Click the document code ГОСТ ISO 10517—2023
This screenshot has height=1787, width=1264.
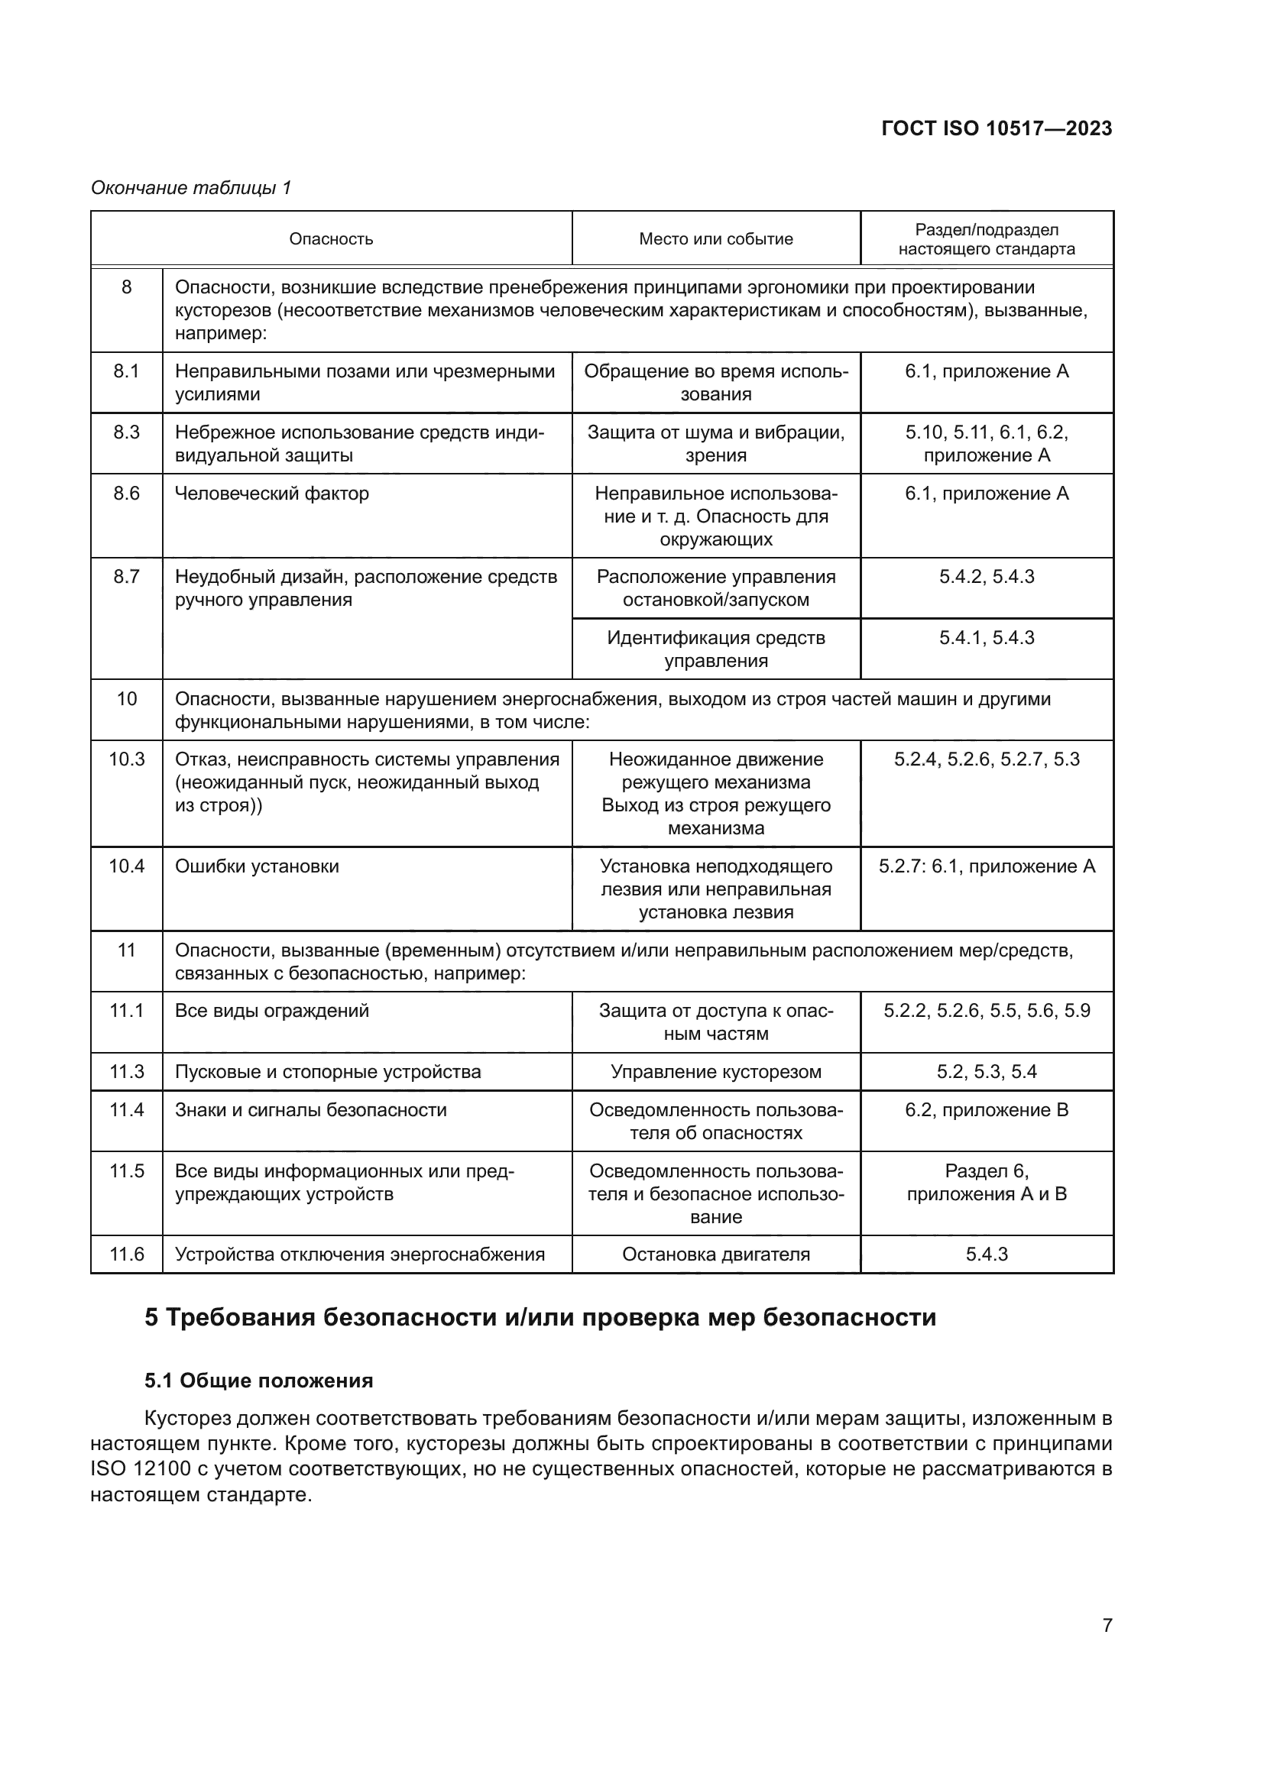click(997, 128)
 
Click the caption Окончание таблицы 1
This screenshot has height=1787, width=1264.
click(191, 188)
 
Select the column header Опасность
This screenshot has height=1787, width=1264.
click(331, 239)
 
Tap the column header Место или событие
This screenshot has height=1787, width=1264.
click(715, 239)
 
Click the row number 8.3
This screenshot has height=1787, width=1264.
click(126, 432)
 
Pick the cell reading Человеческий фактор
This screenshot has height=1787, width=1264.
click(271, 494)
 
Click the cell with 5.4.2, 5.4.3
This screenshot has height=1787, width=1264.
click(986, 577)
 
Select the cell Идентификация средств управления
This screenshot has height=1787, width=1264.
click(715, 649)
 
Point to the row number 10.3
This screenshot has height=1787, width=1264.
click(126, 759)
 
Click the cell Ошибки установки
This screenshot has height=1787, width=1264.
click(257, 866)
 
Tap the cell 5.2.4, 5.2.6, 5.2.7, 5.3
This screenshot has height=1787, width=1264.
click(986, 759)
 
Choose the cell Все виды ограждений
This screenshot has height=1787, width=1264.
click(271, 1011)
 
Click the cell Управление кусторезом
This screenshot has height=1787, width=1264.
click(715, 1072)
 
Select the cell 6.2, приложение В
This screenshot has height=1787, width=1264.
click(986, 1110)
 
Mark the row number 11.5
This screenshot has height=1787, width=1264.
click(126, 1170)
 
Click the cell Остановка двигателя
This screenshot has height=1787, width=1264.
click(715, 1254)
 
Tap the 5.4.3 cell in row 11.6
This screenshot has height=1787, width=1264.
click(986, 1254)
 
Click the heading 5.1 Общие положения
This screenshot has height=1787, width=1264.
click(258, 1381)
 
